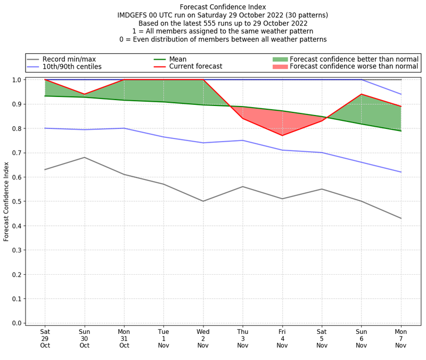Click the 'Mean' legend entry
[177, 59]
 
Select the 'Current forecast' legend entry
[195, 67]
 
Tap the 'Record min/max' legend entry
[69, 59]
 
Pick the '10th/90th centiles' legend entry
[72, 67]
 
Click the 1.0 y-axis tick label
[17, 80]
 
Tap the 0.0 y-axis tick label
[17, 323]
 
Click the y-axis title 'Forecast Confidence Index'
[6, 201]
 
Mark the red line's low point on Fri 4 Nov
[282, 135]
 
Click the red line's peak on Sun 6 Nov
[362, 94]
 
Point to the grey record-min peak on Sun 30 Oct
[84, 157]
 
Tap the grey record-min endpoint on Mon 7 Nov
[401, 218]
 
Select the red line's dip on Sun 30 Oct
[84, 94]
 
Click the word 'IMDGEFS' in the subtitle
[135, 15]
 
